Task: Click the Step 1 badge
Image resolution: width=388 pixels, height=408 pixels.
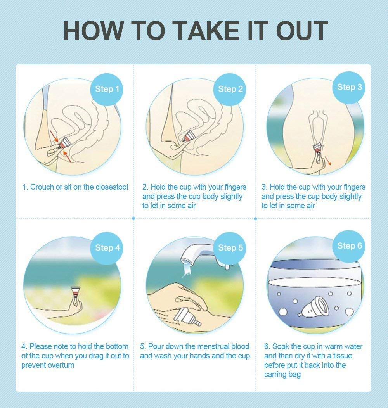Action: coord(107,89)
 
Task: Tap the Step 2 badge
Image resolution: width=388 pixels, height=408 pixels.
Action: coord(230,89)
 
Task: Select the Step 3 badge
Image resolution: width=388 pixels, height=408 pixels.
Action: coord(349,87)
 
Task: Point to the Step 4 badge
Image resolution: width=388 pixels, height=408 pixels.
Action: coord(107,247)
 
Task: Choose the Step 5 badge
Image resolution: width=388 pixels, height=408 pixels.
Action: coord(230,247)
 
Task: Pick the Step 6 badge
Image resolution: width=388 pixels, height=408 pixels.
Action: coord(349,246)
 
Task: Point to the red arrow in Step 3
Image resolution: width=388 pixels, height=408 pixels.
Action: coord(329,161)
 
